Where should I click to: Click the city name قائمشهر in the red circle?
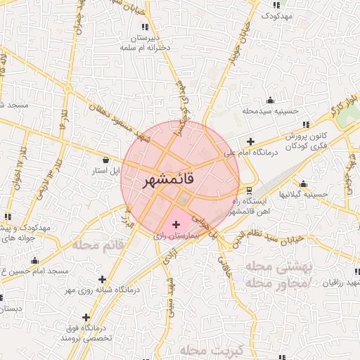178,180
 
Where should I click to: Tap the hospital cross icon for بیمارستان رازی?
176,224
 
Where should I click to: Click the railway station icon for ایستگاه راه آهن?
248,191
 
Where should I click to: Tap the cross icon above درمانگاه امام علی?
250,141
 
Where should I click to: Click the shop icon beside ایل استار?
105,159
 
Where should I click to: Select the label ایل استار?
108,170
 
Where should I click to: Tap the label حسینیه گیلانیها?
304,193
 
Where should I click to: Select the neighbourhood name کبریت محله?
211,349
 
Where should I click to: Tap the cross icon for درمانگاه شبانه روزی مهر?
103,279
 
